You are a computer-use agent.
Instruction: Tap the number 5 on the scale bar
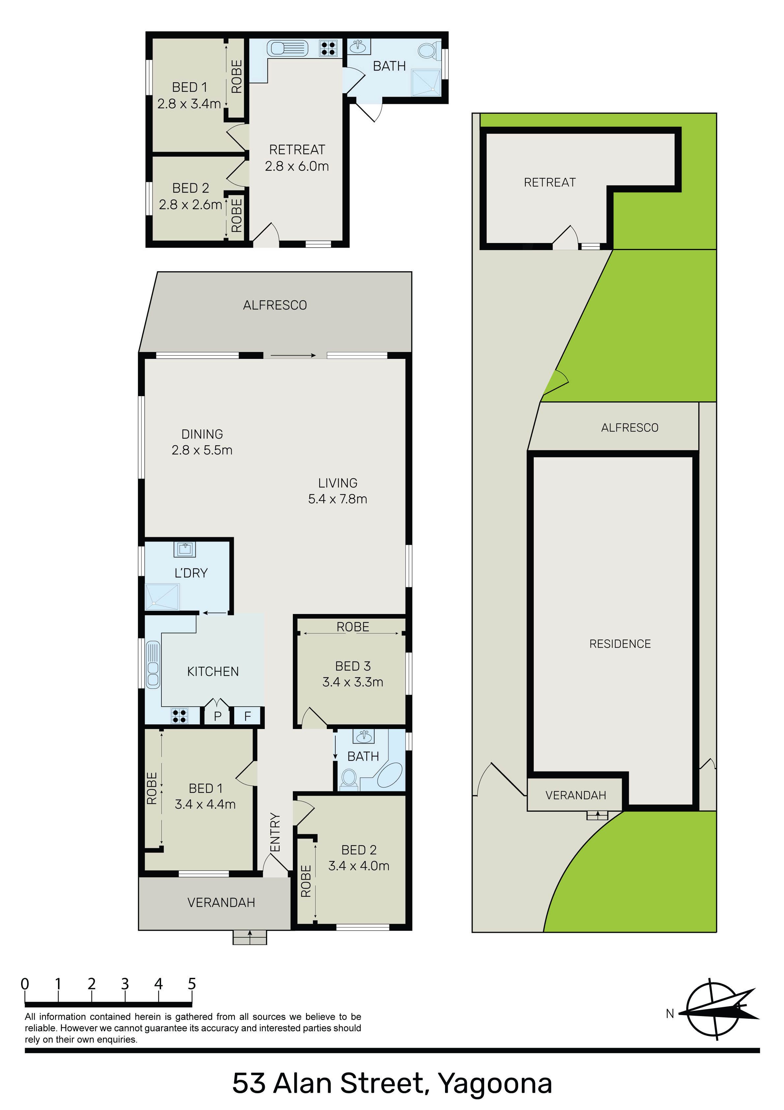(192, 984)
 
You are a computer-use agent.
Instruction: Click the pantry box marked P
(217, 716)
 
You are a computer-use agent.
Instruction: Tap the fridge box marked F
(247, 716)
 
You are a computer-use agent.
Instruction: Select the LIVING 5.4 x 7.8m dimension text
(337, 499)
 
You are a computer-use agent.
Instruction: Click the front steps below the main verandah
(250, 937)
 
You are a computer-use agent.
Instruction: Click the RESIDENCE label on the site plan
(620, 644)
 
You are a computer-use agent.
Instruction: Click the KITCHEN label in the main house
(213, 672)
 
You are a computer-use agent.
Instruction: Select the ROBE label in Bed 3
(353, 627)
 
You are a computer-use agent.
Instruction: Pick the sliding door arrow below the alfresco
(293, 355)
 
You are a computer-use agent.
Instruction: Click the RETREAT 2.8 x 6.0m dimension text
(297, 166)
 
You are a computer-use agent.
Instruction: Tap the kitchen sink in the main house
(153, 664)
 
